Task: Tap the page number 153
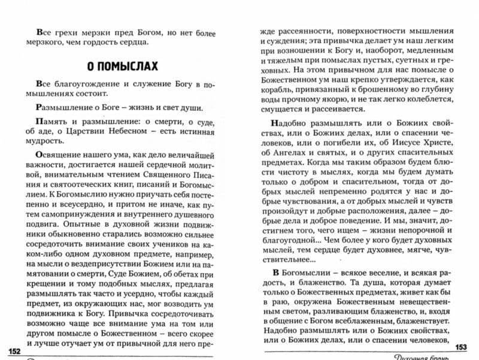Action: pyautogui.click(x=462, y=348)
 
